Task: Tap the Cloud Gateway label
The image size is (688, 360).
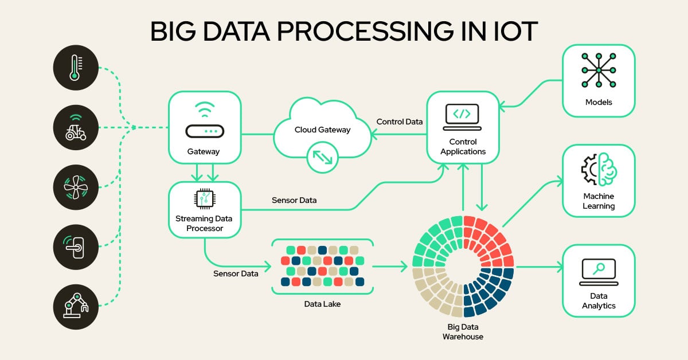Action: point(322,130)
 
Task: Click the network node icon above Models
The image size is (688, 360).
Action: point(599,71)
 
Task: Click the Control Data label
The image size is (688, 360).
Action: point(399,122)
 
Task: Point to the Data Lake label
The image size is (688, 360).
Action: point(322,304)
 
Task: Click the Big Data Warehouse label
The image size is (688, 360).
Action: point(463,332)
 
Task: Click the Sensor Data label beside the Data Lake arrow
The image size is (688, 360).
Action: point(236,273)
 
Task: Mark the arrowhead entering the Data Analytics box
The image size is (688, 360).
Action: point(558,267)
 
